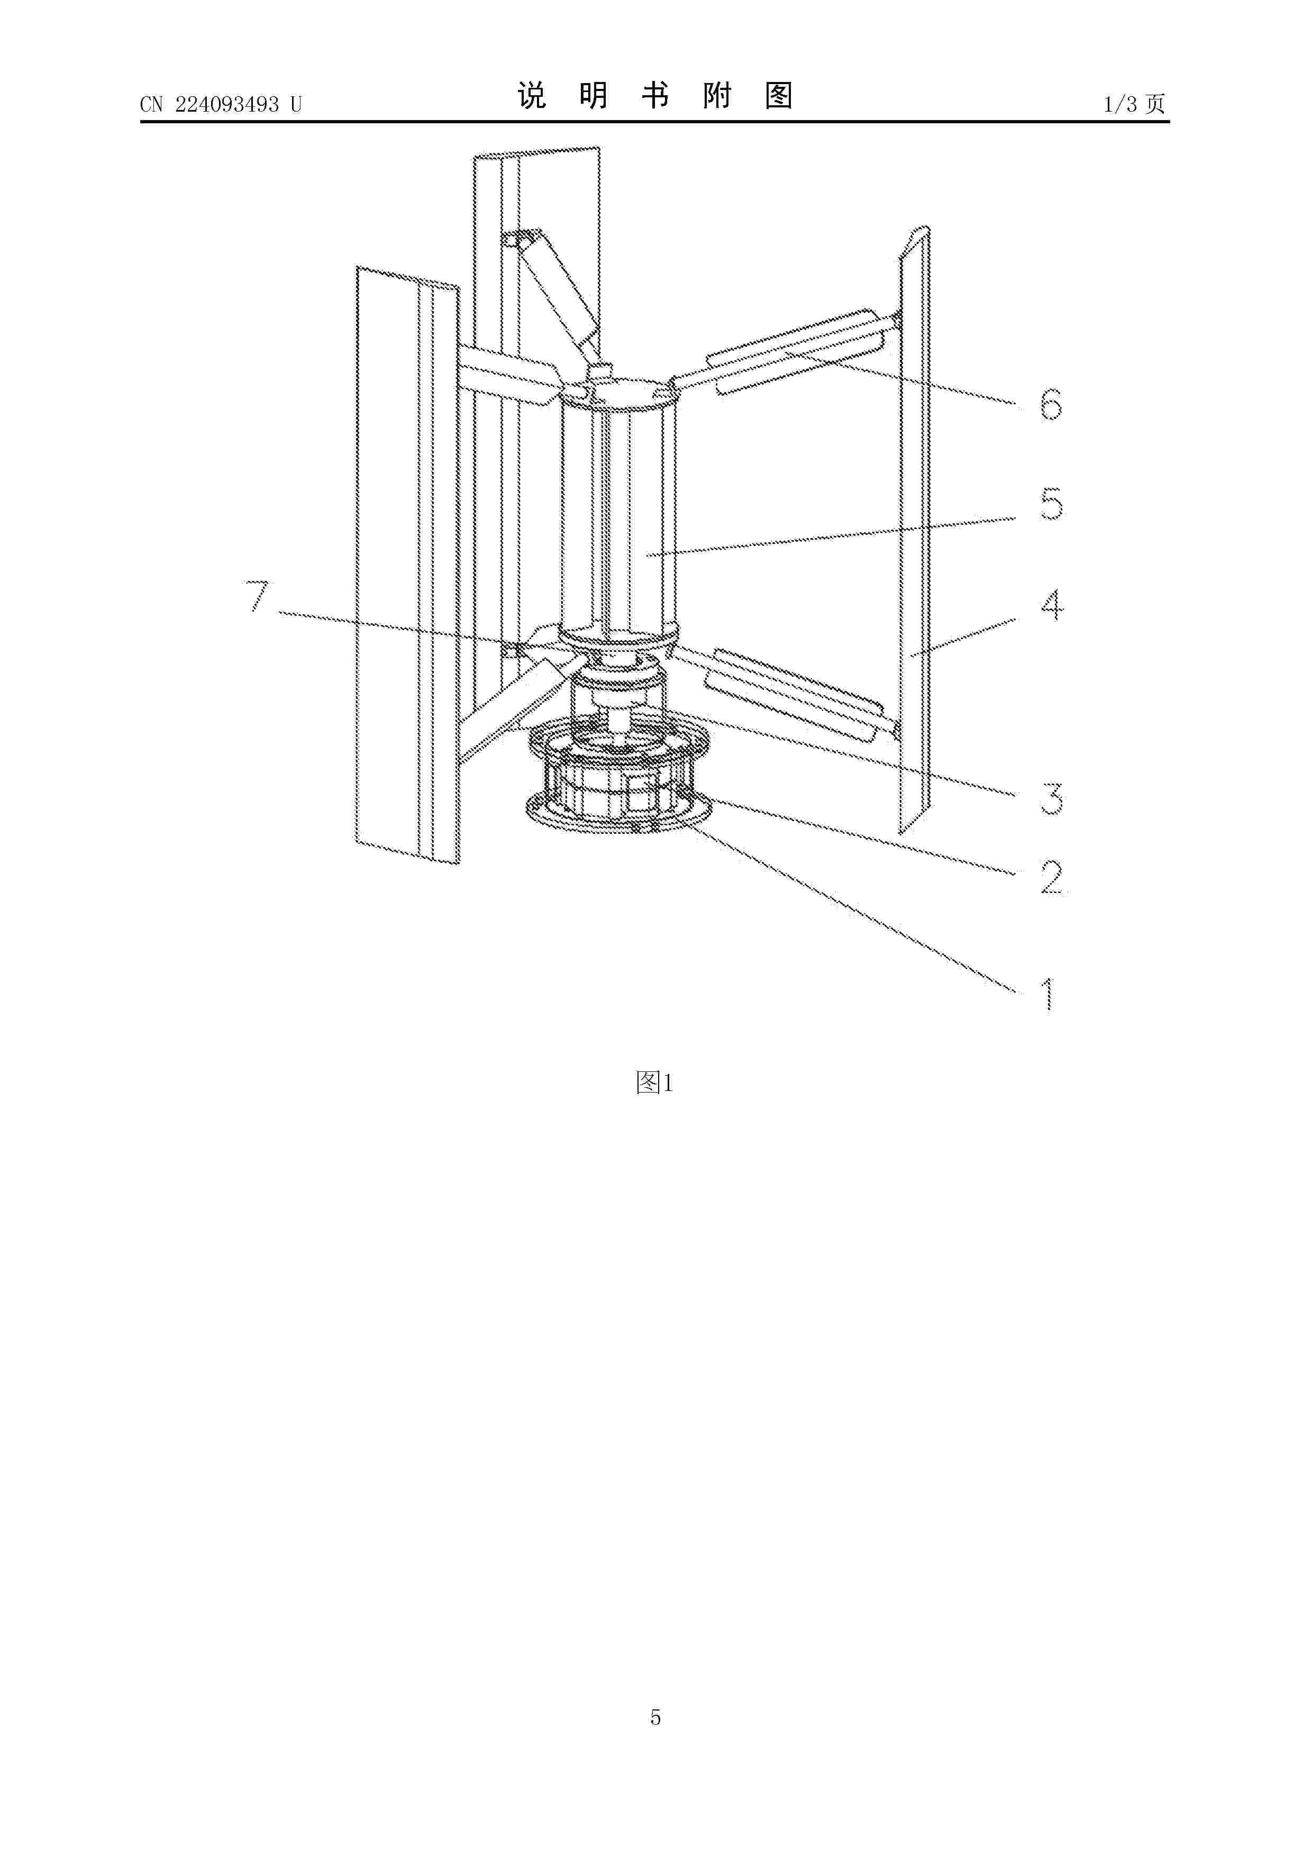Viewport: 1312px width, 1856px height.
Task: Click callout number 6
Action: [x=1050, y=404]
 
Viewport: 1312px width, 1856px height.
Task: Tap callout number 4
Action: [x=1050, y=605]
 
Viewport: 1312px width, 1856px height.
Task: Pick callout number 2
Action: [x=1050, y=877]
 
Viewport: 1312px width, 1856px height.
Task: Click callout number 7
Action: [x=257, y=597]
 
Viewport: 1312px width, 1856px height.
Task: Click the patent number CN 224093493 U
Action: [x=220, y=104]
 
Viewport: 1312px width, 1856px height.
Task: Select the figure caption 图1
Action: [x=655, y=1082]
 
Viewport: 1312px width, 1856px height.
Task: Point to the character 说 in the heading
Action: [x=532, y=96]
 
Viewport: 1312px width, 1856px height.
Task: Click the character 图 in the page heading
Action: [x=778, y=96]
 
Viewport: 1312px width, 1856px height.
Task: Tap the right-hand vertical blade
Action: [x=915, y=533]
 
